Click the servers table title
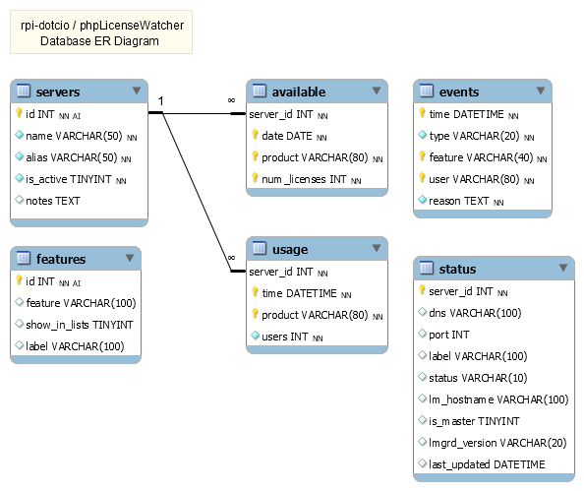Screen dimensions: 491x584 tap(58, 92)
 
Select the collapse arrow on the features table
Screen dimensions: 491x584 tap(129, 259)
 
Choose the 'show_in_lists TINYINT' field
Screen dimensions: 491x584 tap(80, 325)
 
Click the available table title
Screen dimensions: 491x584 tap(300, 92)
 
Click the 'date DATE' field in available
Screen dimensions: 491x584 tap(288, 136)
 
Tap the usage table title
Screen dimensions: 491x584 tap(290, 250)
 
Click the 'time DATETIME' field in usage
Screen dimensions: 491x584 tap(300, 293)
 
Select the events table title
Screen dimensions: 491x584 tap(459, 92)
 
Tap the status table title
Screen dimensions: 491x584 tap(457, 269)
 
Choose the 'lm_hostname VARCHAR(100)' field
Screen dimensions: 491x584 tap(498, 399)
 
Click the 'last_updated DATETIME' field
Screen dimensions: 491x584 tap(488, 464)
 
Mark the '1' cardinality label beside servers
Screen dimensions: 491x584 tap(161, 101)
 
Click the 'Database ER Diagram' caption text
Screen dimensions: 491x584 tap(99, 41)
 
